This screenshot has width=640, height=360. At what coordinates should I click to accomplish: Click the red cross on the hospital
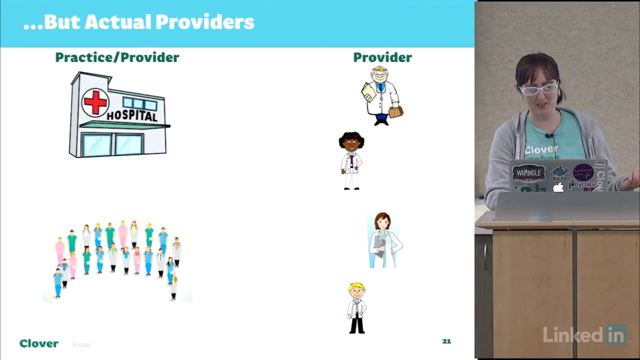coord(95,102)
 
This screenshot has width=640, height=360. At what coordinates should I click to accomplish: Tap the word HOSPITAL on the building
coord(132,116)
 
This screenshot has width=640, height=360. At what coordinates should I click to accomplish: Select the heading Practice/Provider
coord(117,57)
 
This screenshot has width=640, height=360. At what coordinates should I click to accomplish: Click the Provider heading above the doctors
coord(382,57)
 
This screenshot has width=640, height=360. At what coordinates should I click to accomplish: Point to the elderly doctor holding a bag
coord(382,95)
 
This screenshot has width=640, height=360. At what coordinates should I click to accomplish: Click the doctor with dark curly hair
coord(351,160)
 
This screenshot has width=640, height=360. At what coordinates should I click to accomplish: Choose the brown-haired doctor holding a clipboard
coord(383,240)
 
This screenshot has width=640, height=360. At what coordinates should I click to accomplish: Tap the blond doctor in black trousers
coord(357,308)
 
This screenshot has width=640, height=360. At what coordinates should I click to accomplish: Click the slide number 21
coord(446,341)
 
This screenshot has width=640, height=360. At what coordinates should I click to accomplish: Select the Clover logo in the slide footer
coord(39,343)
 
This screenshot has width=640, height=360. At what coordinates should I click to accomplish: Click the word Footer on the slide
coord(82,344)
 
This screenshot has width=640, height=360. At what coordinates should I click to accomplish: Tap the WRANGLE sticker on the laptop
coord(528,173)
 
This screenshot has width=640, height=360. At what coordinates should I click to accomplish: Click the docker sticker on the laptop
coord(560,175)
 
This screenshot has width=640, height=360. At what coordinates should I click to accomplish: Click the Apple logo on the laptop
coord(558,187)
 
